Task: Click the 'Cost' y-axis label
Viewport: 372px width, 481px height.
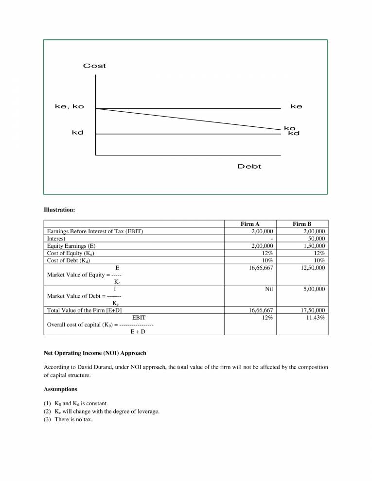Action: point(94,66)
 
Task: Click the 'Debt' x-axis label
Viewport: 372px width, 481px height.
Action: point(249,167)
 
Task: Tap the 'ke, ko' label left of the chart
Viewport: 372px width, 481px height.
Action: point(69,106)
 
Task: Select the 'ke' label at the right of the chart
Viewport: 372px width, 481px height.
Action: point(296,106)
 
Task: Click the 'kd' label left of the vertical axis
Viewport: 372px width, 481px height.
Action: point(77,133)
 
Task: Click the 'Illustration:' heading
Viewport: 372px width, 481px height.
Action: point(59,210)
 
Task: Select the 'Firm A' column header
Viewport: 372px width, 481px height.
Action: point(250,224)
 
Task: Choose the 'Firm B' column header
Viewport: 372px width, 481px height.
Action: point(302,224)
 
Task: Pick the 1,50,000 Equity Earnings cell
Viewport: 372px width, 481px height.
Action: point(312,246)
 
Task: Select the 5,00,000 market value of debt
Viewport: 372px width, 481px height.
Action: point(312,289)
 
